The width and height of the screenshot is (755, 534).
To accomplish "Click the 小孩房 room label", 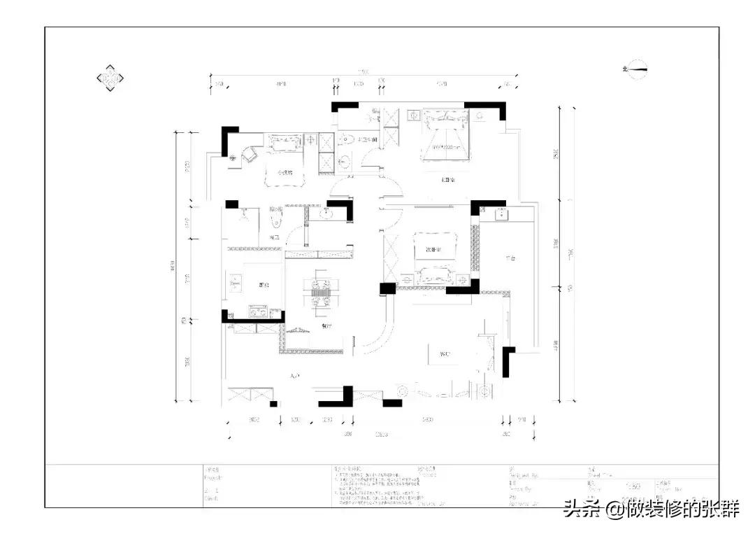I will (x=285, y=172).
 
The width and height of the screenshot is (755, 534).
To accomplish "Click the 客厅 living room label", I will (x=445, y=354).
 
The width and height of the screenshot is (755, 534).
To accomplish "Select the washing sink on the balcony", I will (x=501, y=214).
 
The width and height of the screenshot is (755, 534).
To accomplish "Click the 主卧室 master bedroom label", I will (x=447, y=181).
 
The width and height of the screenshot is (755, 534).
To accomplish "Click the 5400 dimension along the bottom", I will (x=426, y=419).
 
